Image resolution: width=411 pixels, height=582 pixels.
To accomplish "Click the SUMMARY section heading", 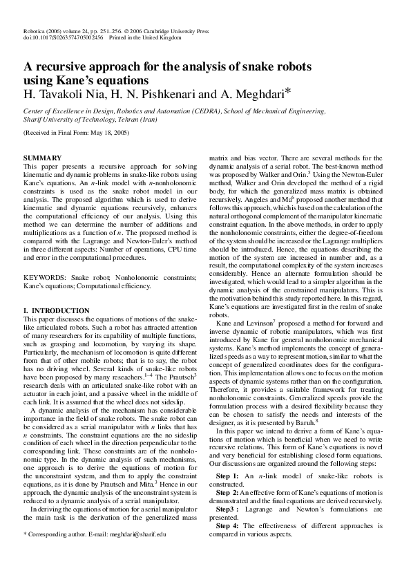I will pyautogui.click(x=43, y=158).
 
